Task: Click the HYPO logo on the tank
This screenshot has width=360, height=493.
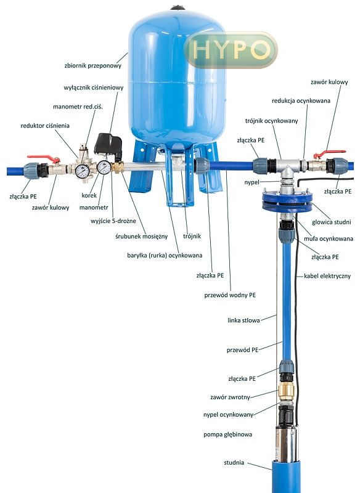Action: tap(231, 50)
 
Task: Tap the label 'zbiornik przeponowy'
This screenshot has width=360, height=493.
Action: tap(92, 66)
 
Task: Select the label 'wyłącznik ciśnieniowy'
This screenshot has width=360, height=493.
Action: tap(94, 88)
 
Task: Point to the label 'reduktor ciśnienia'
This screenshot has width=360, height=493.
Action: tap(45, 126)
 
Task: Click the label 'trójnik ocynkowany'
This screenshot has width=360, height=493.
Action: tap(271, 121)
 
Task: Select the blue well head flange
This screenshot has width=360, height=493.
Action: tap(287, 202)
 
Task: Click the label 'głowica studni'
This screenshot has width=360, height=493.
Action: tap(332, 222)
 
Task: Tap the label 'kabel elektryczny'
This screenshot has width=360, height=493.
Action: tap(327, 276)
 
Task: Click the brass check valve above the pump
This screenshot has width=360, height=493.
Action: tap(286, 391)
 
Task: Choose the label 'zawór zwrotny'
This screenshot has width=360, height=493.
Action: tap(230, 397)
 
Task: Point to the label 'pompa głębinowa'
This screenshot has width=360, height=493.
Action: tap(227, 435)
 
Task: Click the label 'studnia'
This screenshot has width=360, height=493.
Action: tap(234, 463)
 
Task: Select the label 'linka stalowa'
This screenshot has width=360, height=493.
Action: tap(243, 320)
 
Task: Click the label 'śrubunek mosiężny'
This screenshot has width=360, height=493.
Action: tap(142, 237)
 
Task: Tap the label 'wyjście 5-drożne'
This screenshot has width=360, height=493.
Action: tap(113, 221)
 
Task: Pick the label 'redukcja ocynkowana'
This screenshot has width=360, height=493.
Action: tap(301, 101)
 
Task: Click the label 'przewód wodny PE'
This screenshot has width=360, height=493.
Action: tap(230, 295)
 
